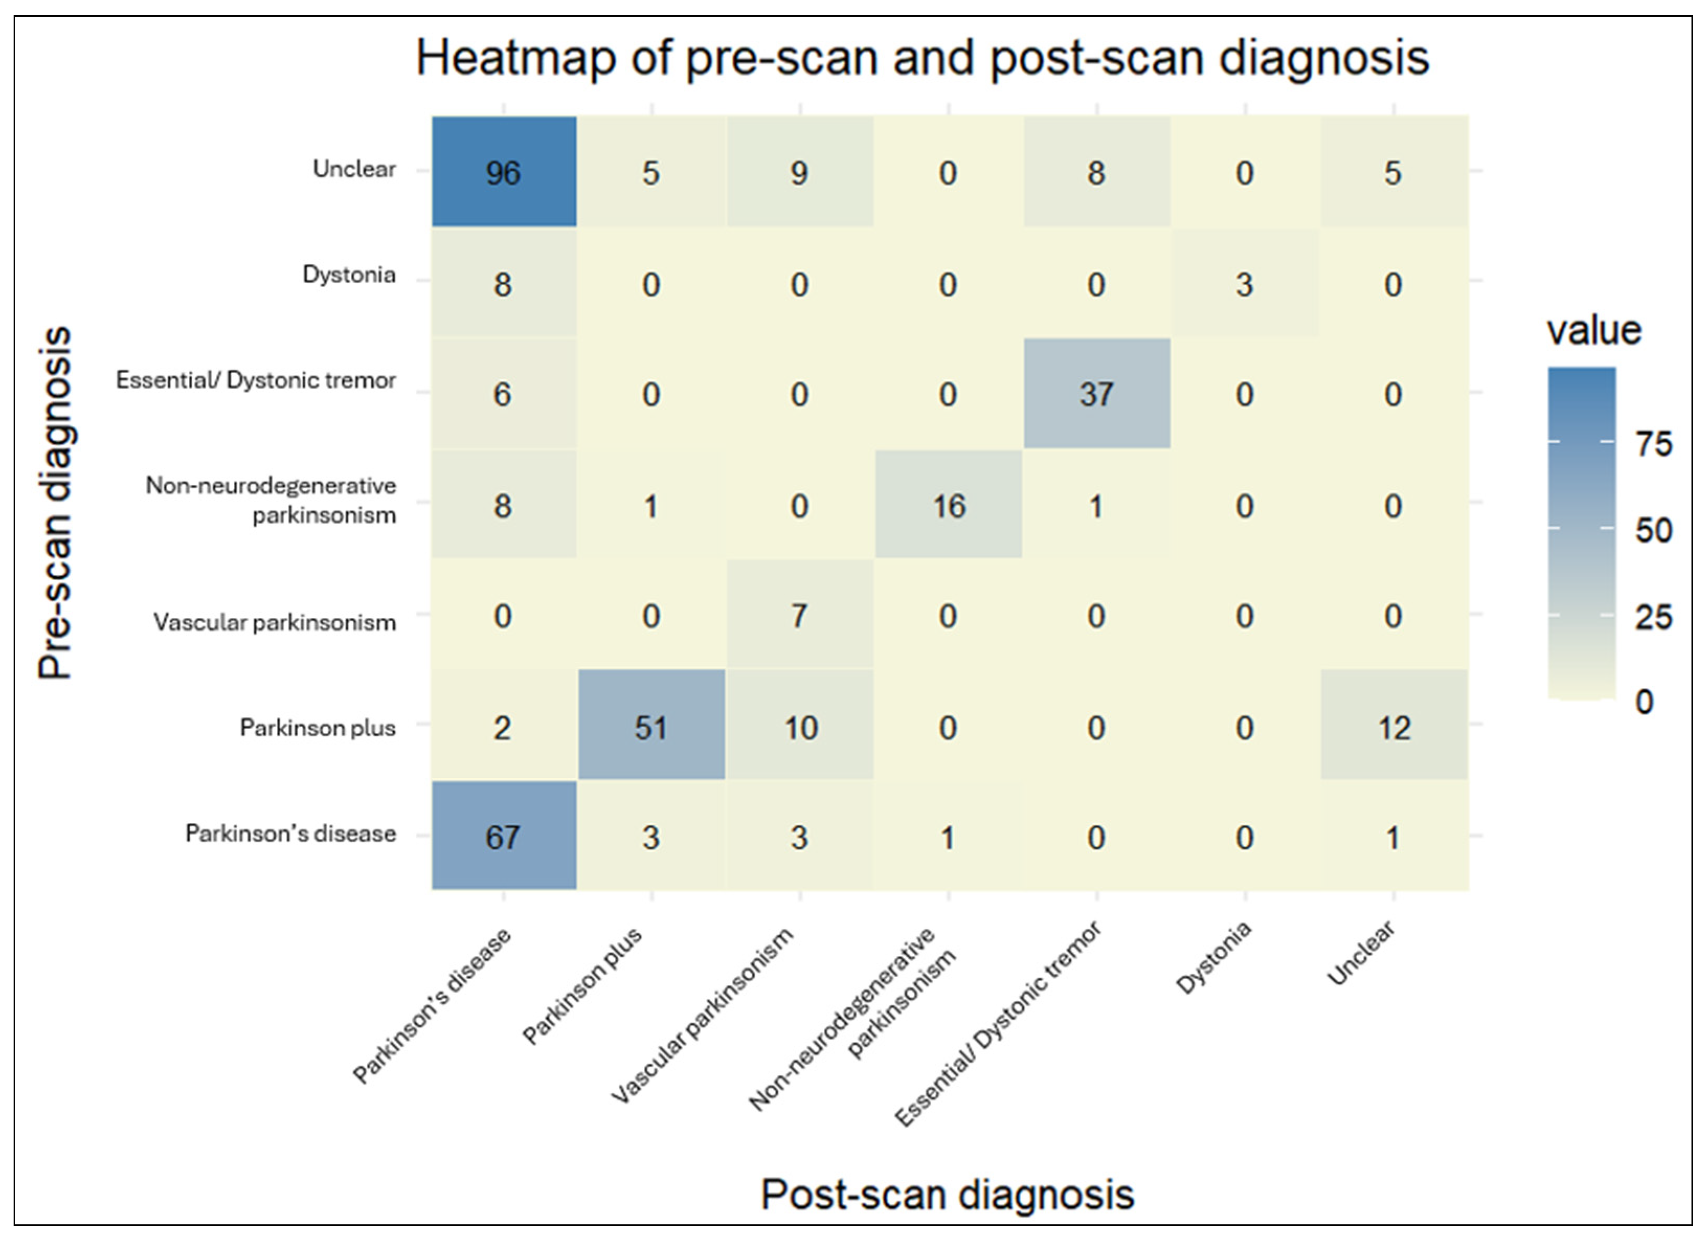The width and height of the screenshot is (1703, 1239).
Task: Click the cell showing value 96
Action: point(503,172)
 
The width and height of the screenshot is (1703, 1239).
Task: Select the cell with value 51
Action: point(651,726)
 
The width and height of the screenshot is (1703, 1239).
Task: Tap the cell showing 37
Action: point(1096,393)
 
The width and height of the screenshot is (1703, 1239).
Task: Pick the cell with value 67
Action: point(503,836)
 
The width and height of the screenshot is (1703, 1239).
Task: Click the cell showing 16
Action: point(949,505)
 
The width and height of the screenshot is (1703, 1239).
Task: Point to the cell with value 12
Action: point(1394,726)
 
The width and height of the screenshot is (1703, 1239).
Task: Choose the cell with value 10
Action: point(799,726)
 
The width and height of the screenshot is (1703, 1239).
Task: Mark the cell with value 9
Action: point(799,172)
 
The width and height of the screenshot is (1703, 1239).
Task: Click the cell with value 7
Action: point(799,616)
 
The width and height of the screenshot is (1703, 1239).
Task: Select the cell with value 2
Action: point(503,726)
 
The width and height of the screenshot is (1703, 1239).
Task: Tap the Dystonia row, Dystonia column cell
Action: point(1245,284)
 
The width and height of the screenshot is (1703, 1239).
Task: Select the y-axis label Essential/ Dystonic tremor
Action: point(255,380)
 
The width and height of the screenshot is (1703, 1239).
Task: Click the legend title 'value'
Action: point(1593,330)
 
